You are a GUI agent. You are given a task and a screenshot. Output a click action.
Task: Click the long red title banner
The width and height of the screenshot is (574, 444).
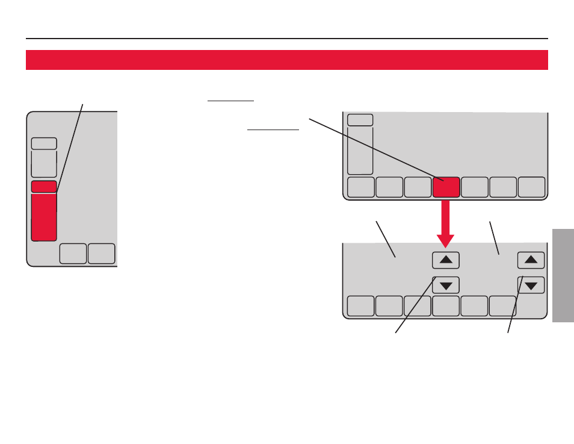(286, 60)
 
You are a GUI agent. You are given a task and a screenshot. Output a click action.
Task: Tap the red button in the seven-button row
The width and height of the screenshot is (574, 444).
(446, 187)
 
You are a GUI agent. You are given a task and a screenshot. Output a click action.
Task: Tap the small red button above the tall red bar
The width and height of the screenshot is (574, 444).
(44, 187)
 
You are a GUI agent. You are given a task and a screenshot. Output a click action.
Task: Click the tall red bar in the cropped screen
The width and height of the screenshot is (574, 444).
(44, 217)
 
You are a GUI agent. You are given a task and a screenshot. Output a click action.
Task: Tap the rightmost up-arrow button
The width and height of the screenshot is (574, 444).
(531, 260)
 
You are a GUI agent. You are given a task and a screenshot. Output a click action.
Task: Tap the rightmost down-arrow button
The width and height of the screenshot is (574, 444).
(531, 285)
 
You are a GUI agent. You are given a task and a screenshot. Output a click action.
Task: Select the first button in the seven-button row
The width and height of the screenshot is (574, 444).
(360, 187)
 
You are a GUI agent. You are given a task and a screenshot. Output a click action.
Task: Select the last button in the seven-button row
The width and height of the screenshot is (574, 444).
(532, 187)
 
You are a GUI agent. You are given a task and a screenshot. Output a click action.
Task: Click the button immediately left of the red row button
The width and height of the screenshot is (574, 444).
(418, 187)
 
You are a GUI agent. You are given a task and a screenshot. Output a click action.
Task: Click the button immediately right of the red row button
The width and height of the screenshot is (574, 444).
(475, 187)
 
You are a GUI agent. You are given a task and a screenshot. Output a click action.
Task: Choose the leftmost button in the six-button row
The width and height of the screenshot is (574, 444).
(360, 306)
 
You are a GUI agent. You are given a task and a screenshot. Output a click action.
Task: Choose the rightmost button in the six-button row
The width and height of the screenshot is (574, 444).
(502, 306)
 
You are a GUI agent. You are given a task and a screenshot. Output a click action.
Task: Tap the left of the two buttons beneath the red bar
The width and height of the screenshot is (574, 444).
(73, 254)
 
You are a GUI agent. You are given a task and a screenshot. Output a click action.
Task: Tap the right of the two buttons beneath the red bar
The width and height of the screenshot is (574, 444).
(101, 254)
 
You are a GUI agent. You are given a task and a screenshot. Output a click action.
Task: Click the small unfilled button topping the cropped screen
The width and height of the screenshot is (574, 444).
(44, 143)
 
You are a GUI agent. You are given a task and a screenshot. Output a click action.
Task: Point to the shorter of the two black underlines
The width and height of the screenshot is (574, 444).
(230, 101)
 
